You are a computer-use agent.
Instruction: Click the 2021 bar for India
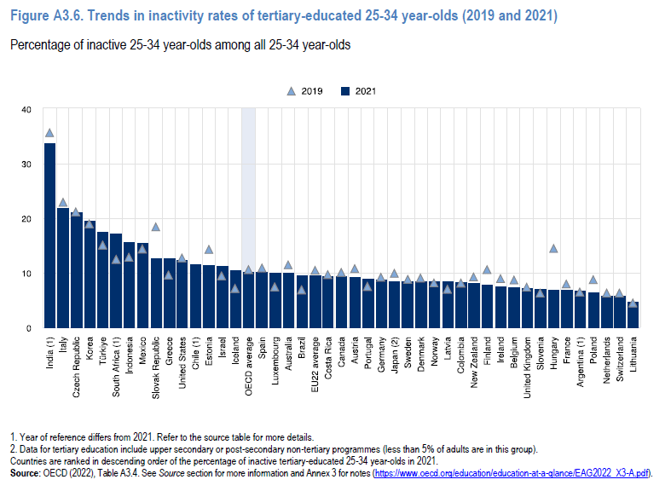[x=49, y=235]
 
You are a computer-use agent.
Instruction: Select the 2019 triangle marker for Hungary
[x=553, y=249]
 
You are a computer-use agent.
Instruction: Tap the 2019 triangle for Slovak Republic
[x=156, y=227]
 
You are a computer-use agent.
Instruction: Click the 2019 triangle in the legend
[x=292, y=90]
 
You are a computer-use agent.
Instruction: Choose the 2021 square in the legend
[x=346, y=90]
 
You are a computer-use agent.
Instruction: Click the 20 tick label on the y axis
[x=26, y=219]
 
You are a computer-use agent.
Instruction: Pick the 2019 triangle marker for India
[x=49, y=133]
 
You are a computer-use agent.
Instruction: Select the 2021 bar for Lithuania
[x=633, y=315]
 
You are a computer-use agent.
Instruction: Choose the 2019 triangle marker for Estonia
[x=209, y=250]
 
